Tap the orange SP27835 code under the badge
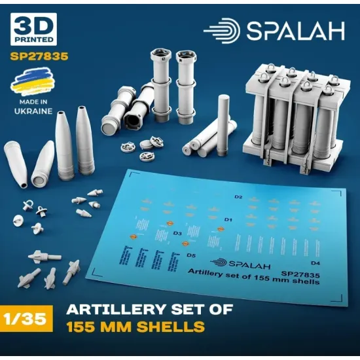click(x=39, y=57)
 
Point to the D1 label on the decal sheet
click(x=229, y=219)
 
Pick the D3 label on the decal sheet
click(x=178, y=233)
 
